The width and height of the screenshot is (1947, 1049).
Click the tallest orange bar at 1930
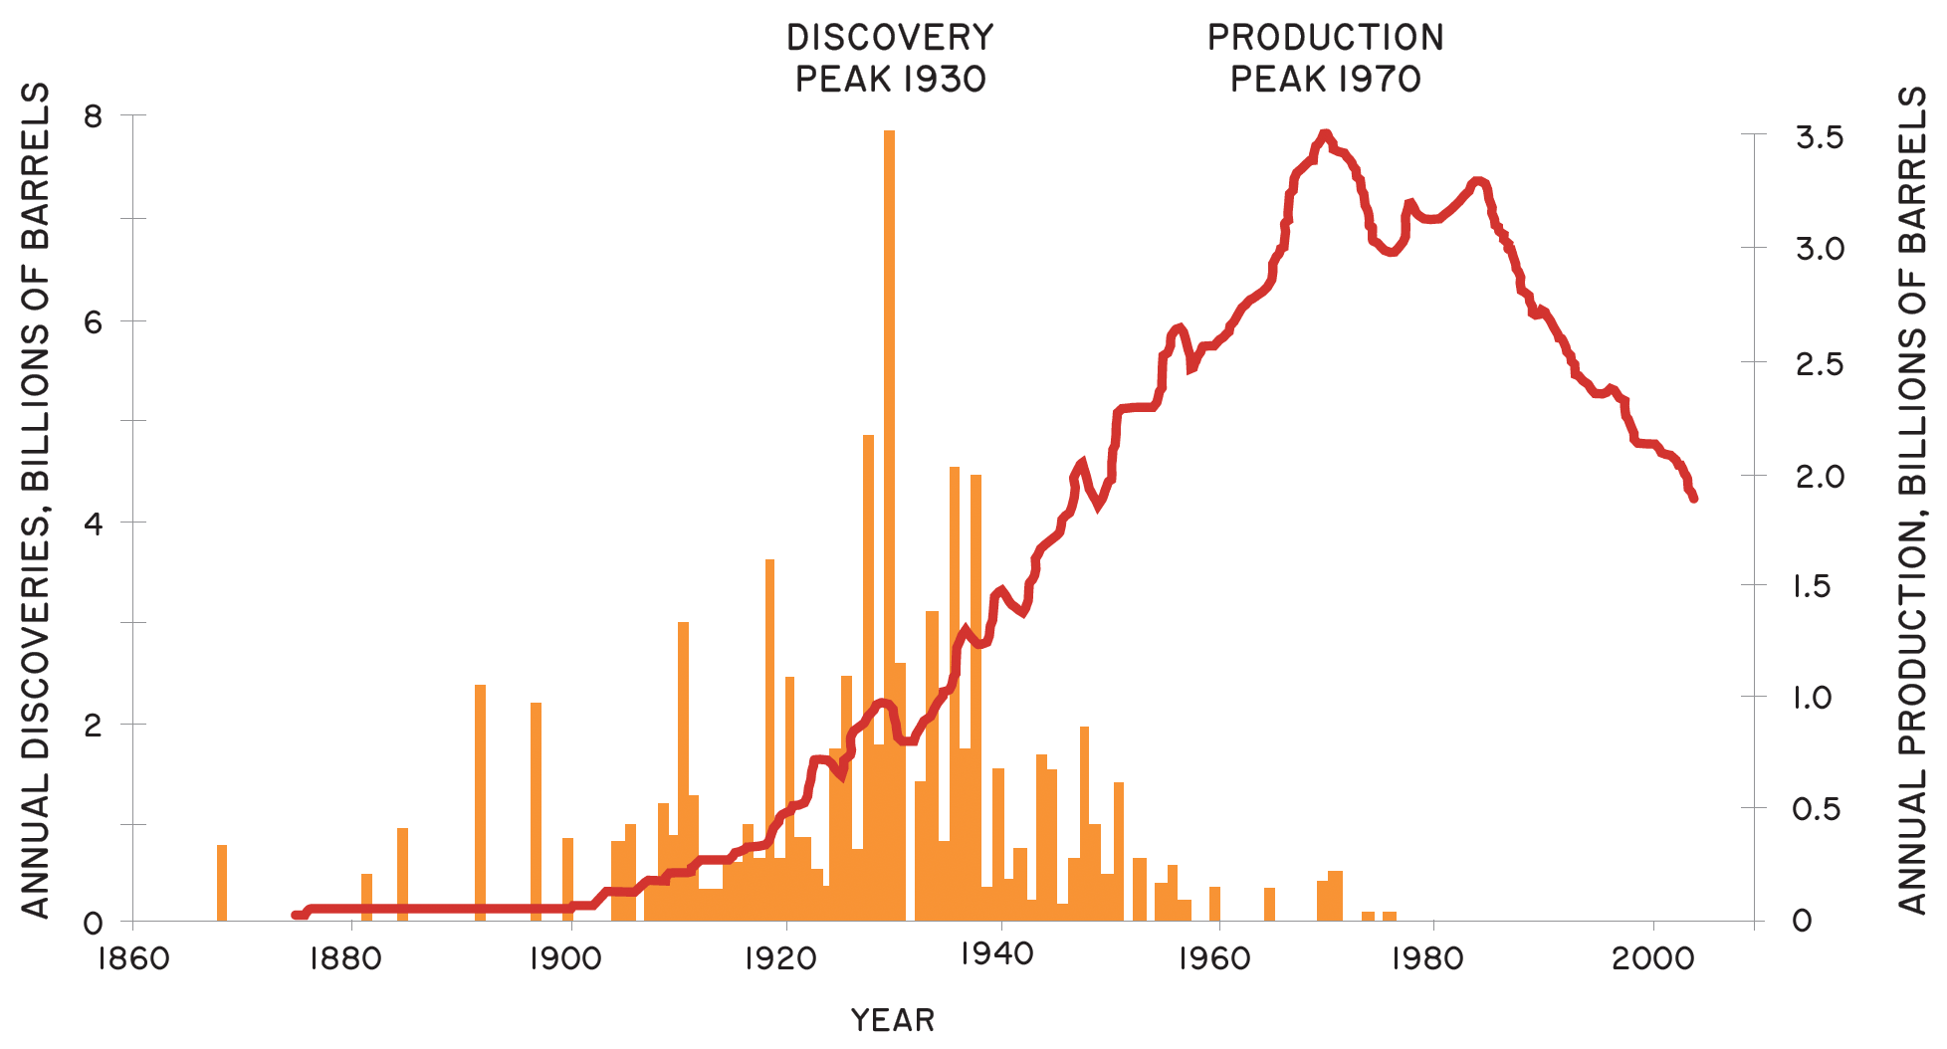889,498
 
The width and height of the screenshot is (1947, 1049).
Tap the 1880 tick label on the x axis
345,958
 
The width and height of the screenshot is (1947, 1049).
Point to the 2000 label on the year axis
1652,958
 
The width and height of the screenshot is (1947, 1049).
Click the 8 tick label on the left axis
93,116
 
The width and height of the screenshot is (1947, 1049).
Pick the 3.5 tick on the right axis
1819,137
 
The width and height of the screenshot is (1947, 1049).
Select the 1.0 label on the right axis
1812,697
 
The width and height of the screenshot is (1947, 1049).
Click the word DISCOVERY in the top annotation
890,38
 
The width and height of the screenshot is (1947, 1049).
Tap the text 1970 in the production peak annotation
1379,80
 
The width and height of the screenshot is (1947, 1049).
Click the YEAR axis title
893,1020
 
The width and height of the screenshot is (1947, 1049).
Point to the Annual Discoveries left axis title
36,498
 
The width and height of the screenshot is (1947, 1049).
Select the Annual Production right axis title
1911,498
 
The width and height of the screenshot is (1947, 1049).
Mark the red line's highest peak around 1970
1324,134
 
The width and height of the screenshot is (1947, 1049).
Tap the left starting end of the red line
296,914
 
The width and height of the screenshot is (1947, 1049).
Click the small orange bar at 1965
1269,904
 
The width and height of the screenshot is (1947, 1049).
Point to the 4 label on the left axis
93,523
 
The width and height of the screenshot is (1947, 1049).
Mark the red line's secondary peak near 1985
1479,182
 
